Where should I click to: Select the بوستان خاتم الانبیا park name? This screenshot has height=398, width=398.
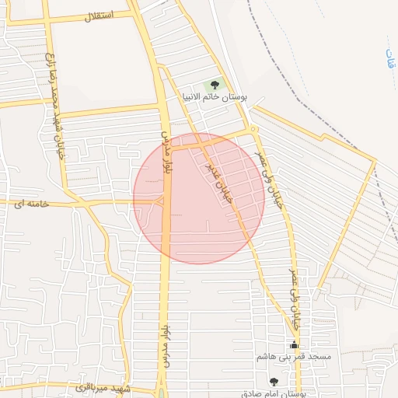coord(222,98)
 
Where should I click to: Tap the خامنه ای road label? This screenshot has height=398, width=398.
coord(30,203)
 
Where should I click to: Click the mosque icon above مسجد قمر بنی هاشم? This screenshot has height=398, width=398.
coord(294,344)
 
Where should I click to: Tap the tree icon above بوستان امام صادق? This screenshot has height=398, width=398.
coord(273,381)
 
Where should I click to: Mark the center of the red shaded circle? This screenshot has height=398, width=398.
coord(199,198)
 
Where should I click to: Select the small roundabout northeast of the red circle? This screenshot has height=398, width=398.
coord(254,129)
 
